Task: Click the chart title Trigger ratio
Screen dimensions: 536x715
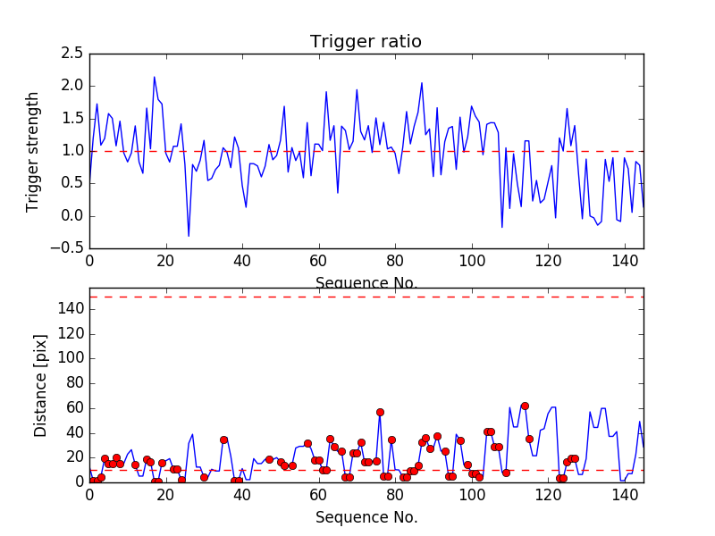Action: click(x=366, y=42)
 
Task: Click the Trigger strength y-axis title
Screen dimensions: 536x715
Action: click(x=34, y=151)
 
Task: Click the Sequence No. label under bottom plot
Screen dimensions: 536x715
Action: click(x=366, y=517)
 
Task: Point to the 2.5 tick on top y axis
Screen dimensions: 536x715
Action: click(x=72, y=54)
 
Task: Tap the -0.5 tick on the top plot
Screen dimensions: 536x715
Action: click(x=69, y=248)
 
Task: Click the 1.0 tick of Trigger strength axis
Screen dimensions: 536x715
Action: click(x=72, y=151)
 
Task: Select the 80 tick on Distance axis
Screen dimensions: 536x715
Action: click(x=72, y=383)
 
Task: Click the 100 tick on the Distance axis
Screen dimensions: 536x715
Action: click(x=69, y=358)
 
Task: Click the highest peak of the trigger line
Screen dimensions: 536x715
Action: click(x=154, y=77)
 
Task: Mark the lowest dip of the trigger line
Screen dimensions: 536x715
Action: click(x=189, y=236)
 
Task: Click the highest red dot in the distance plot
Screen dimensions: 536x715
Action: click(x=525, y=406)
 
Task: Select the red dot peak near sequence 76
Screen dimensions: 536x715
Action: click(x=380, y=412)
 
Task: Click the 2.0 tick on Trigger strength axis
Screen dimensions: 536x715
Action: click(x=72, y=86)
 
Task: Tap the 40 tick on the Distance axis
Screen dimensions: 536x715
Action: click(x=72, y=432)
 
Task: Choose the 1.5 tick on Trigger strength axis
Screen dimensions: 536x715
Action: click(x=72, y=119)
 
